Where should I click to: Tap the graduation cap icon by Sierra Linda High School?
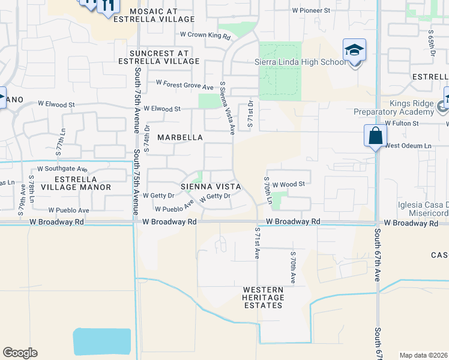point(354,50)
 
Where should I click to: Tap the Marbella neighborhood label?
point(180,137)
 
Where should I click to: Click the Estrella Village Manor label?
point(83,183)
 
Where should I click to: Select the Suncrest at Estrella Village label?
point(158,57)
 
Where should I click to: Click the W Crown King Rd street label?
point(200,35)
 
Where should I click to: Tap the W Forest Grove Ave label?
point(185,83)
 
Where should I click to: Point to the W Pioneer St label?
point(311,11)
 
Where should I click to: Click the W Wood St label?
point(289,185)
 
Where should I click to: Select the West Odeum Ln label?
point(408,146)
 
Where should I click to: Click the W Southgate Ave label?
point(62,170)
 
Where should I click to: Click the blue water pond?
point(101,341)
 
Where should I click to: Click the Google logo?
point(20,353)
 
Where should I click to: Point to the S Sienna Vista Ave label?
point(227,108)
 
